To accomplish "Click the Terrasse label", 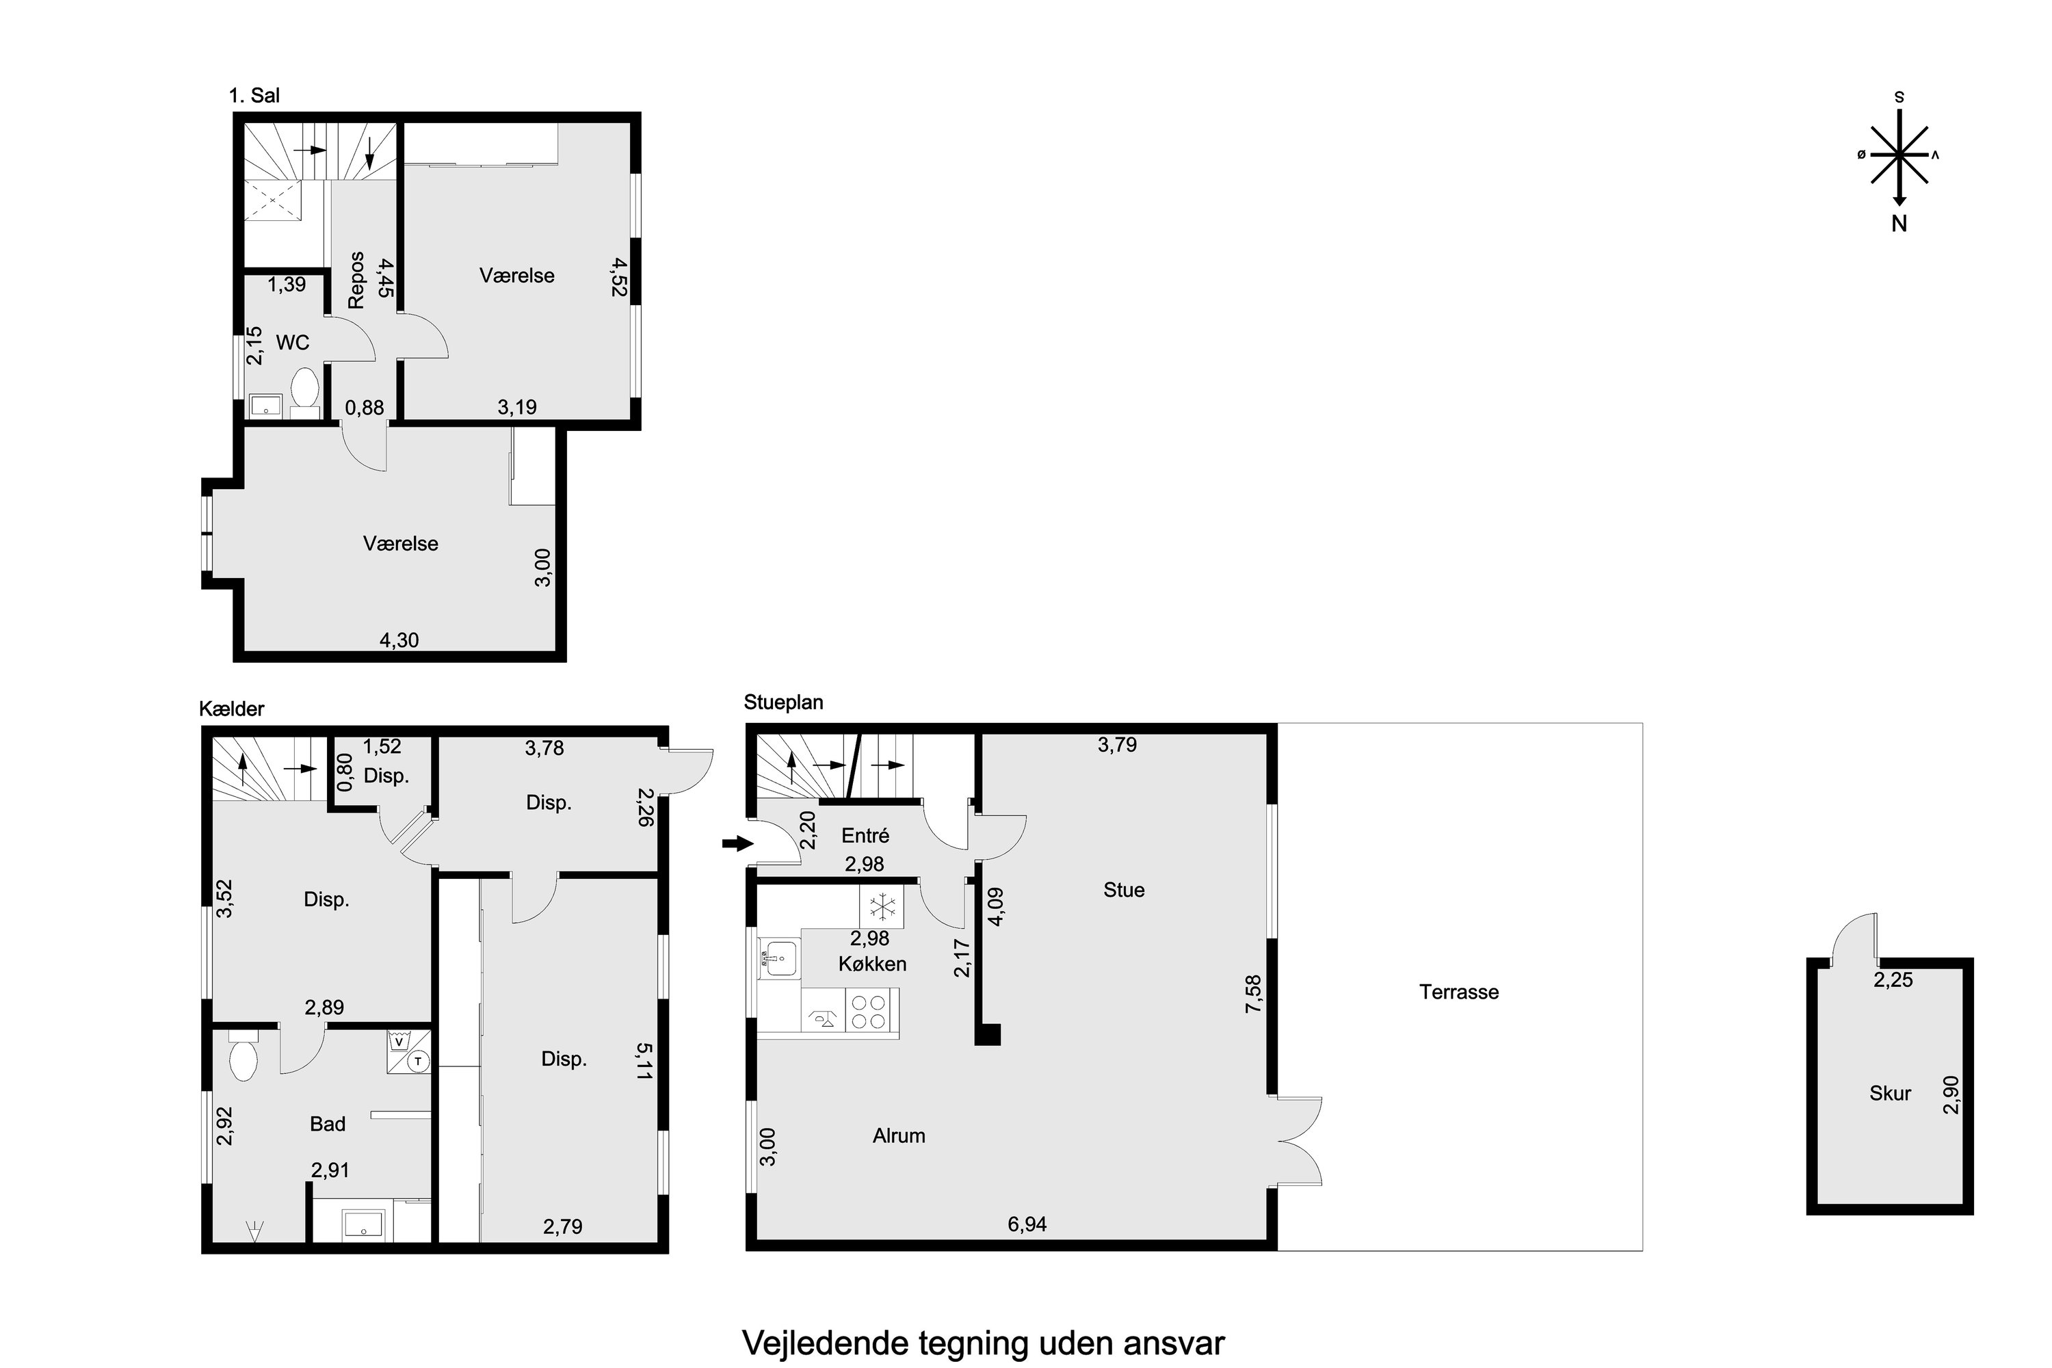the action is point(1459,992).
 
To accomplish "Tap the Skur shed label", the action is point(1890,1093).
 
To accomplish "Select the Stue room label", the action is point(1124,890).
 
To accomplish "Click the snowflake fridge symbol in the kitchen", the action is point(882,908).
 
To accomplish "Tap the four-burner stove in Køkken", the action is point(869,1013).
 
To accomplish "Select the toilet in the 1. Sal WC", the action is point(304,389).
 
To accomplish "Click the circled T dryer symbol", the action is point(419,1061).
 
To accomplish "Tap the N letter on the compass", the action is point(1899,224).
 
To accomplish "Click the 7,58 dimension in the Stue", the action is point(1254,994).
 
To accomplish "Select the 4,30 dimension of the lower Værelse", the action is point(399,640).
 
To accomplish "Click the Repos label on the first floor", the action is point(356,280).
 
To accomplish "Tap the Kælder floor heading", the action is point(232,709).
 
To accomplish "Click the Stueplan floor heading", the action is point(783,702).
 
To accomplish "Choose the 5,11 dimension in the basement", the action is point(644,1062).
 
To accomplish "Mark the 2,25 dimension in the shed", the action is point(1893,979).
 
